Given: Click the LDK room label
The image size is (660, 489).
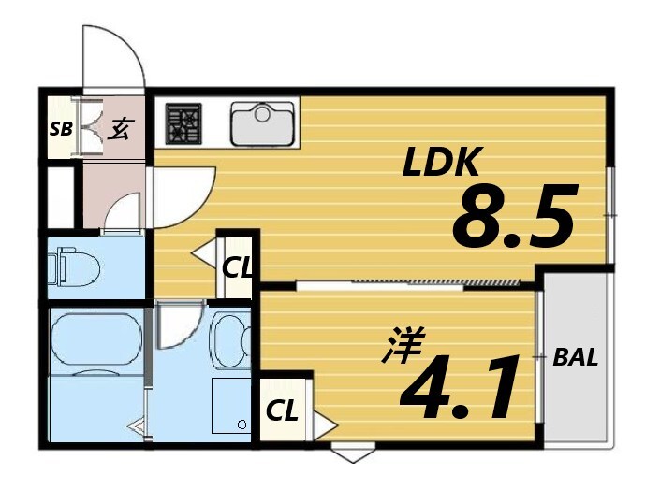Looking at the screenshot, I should point(441,164).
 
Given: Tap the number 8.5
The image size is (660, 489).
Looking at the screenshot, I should point(512,218).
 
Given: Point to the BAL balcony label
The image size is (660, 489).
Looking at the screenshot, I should point(575,357).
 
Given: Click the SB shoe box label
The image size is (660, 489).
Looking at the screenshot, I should point(60,129).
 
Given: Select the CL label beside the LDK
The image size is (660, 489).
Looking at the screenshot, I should point(237,267).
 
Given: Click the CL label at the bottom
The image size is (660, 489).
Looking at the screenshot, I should point(282,410).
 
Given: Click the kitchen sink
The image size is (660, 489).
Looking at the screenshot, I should point(263,122).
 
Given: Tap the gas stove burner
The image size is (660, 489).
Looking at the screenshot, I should point(184,122).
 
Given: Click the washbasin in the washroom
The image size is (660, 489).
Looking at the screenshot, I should point(228,340).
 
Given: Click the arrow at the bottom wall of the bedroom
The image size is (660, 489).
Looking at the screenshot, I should point(351,457).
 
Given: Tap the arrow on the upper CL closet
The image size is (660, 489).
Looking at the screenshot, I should point(202,252).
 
